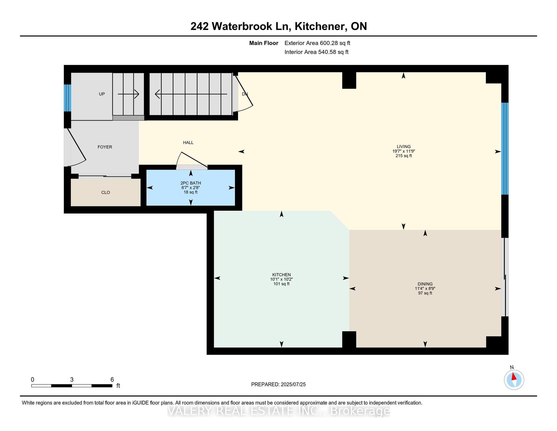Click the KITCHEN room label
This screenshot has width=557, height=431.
(281, 275)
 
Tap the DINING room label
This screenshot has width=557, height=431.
(425, 284)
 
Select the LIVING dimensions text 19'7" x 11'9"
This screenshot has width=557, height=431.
(404, 151)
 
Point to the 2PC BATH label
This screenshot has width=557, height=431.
(191, 183)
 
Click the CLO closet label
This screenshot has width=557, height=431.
(106, 192)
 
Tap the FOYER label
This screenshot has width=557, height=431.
(105, 147)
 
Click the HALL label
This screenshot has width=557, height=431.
(188, 142)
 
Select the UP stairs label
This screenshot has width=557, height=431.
(102, 94)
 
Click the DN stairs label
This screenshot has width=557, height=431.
(245, 94)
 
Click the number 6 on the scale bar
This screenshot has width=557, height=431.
(112, 380)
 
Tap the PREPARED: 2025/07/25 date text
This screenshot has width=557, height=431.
(278, 384)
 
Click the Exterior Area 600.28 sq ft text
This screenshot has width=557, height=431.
(317, 43)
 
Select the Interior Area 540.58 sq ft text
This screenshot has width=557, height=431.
(316, 52)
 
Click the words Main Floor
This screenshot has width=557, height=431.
(264, 43)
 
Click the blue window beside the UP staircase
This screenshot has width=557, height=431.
(67, 98)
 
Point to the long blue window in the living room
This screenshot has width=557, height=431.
(505, 149)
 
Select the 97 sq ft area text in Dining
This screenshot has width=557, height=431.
(425, 293)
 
